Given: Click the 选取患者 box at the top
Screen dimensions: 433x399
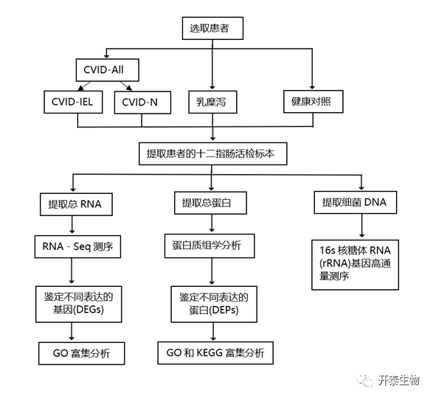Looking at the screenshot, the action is tap(212, 28).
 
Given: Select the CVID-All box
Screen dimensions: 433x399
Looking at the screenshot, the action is tap(108, 70).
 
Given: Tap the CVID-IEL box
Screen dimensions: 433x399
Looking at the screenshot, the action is tap(73, 102).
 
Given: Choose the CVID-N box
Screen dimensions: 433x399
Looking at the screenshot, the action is tap(142, 103).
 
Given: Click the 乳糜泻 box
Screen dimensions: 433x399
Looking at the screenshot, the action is tap(212, 102).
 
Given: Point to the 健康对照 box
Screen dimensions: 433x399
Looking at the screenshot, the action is tap(314, 101).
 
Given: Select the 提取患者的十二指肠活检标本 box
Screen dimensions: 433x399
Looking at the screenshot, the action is tap(213, 154).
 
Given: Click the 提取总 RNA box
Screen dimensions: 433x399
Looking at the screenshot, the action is tap(76, 204).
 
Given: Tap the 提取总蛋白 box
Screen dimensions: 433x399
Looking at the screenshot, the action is tap(210, 203).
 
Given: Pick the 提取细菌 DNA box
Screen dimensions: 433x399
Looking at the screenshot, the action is tap(356, 202).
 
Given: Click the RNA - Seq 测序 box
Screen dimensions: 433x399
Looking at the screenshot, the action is tap(77, 246).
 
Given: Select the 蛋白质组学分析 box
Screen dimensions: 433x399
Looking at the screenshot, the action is tap(209, 246).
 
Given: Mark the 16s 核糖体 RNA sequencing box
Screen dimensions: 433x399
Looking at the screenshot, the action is tap(355, 265).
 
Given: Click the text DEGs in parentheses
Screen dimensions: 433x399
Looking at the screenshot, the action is tap(89, 310).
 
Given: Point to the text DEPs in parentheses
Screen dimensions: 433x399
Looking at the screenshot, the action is tap(224, 310).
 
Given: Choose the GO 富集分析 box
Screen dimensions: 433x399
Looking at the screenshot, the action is tap(81, 353).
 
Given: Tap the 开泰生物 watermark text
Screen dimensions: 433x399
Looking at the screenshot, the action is tap(398, 381).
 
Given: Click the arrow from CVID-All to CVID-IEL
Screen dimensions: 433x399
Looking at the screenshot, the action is tap(84, 86).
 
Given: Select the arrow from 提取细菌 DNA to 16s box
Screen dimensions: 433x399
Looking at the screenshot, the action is tap(361, 226).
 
